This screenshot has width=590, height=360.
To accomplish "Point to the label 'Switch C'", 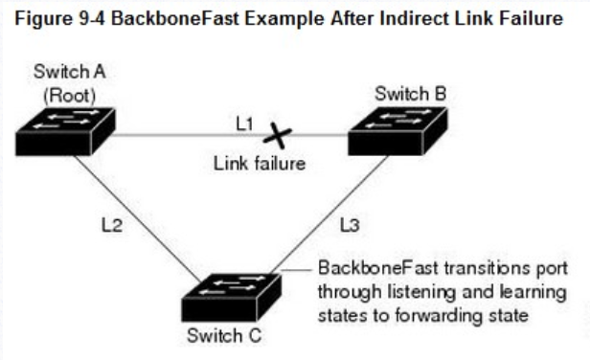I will click(x=221, y=336).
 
